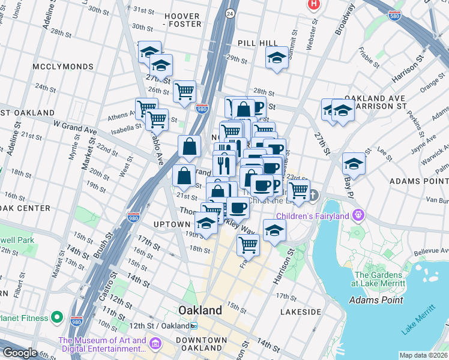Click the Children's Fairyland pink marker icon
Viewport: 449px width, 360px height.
tap(359, 214)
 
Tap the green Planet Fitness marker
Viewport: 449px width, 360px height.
tap(57, 316)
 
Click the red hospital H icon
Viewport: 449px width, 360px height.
tap(313, 4)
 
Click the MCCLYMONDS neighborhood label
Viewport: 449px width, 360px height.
tap(60, 67)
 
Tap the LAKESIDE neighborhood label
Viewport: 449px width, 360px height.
tap(301, 312)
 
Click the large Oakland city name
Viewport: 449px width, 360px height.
tap(200, 310)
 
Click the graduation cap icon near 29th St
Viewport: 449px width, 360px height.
tap(276, 58)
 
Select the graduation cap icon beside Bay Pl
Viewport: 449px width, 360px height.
tap(354, 163)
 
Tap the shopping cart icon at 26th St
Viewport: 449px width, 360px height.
tap(184, 91)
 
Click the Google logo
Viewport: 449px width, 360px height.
tap(20, 353)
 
